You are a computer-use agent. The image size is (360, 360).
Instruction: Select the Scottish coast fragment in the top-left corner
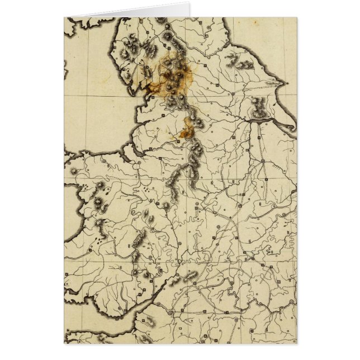[84, 22]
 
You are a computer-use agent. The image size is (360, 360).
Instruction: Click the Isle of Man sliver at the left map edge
[65, 67]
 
